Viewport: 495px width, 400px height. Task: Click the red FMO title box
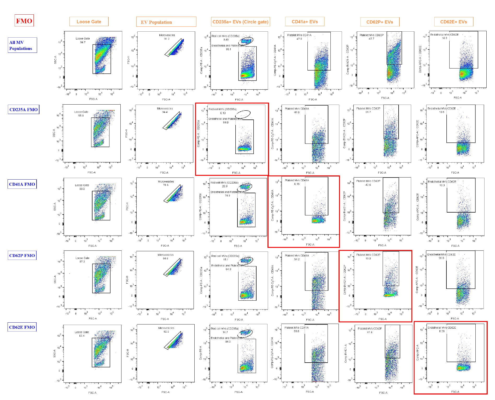[x=24, y=21]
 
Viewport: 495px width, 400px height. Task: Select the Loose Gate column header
[x=89, y=22]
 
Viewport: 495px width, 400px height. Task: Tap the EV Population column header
[x=166, y=22]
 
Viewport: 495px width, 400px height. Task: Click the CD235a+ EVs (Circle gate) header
[x=240, y=22]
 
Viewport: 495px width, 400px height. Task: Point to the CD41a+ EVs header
[x=305, y=22]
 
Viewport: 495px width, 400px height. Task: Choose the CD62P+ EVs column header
[x=380, y=22]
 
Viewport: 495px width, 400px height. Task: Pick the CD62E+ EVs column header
[x=453, y=22]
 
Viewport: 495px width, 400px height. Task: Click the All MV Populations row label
[x=22, y=45]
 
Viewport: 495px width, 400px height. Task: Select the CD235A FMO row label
[x=24, y=110]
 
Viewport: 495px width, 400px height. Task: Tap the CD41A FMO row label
[x=22, y=184]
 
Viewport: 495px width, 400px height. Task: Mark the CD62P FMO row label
[x=22, y=255]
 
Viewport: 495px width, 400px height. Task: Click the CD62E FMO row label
[x=22, y=327]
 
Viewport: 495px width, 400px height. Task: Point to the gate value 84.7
[x=83, y=42]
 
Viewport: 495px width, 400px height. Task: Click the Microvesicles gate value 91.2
[x=167, y=39]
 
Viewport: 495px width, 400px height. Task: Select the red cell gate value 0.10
[x=223, y=113]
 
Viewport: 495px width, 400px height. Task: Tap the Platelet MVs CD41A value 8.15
[x=297, y=184]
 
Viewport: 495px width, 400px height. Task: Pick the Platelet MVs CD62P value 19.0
[x=368, y=258]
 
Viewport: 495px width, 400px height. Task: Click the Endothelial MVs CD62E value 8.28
[x=442, y=331]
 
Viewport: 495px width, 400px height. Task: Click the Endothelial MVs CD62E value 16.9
[x=444, y=38]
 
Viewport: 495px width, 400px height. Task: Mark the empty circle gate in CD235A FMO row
[x=243, y=114]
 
